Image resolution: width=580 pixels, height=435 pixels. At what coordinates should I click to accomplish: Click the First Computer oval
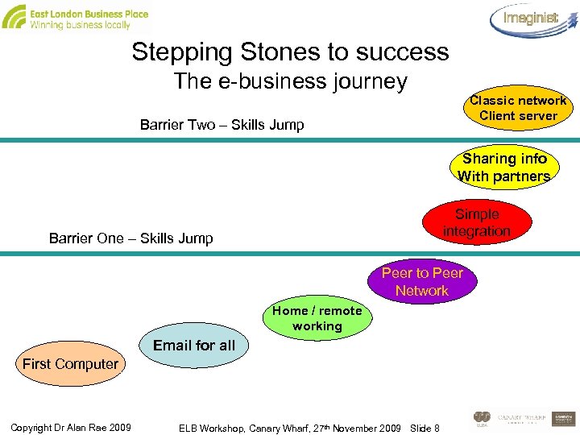[x=70, y=364]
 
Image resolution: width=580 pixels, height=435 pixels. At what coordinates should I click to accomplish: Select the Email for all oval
[x=193, y=346]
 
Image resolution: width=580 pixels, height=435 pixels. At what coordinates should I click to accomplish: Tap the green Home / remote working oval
[x=317, y=319]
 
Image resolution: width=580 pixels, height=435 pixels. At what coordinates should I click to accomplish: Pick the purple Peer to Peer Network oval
[x=422, y=282]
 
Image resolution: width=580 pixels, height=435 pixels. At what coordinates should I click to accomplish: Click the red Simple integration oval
[x=477, y=223]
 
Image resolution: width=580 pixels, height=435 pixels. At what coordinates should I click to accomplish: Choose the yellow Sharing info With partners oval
[x=503, y=168]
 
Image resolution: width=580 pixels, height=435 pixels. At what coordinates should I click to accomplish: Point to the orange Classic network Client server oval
[x=518, y=108]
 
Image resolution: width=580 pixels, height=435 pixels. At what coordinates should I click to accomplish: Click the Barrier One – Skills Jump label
[x=131, y=238]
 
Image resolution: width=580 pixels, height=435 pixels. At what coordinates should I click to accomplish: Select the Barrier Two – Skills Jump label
[x=222, y=125]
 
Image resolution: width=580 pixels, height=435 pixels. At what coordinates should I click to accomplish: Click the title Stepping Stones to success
[x=290, y=52]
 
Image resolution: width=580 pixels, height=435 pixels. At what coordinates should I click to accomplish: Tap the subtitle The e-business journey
[x=291, y=81]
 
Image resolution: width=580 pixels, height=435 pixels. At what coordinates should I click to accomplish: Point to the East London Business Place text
[x=89, y=14]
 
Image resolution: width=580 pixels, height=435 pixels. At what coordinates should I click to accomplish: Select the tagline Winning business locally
[x=80, y=26]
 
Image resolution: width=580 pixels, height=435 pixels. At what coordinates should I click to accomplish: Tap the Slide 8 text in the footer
[x=425, y=427]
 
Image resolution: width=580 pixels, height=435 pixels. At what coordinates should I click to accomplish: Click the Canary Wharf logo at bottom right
[x=522, y=418]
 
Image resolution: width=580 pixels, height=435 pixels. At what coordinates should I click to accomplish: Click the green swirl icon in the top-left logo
[x=14, y=17]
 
